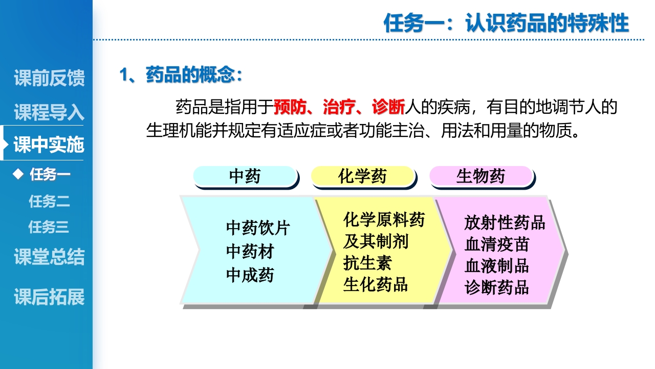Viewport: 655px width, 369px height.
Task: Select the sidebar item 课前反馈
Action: (x=49, y=78)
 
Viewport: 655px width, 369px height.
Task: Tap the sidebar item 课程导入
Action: (x=49, y=112)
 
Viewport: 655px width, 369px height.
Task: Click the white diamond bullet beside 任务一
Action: (x=19, y=174)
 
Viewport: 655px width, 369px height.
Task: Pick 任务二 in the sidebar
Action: (x=49, y=201)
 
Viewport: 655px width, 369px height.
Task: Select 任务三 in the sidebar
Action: (x=49, y=227)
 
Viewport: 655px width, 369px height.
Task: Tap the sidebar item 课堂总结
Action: (x=49, y=257)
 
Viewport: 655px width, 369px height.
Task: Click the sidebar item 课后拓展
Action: (x=49, y=297)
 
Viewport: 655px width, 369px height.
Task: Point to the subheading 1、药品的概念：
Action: (x=181, y=75)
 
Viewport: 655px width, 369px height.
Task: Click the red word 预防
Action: (x=290, y=107)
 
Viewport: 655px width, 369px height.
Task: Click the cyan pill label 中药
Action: (x=245, y=176)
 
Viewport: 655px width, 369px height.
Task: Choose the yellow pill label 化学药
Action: (x=362, y=176)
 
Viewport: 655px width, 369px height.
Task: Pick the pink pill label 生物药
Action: (x=481, y=176)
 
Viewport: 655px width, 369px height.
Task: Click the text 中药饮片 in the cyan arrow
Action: (x=258, y=228)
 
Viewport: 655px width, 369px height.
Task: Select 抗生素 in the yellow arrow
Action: (x=367, y=263)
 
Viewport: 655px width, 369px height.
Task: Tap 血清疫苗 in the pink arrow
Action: (x=496, y=244)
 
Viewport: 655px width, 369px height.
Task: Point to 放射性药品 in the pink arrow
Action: (x=505, y=222)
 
